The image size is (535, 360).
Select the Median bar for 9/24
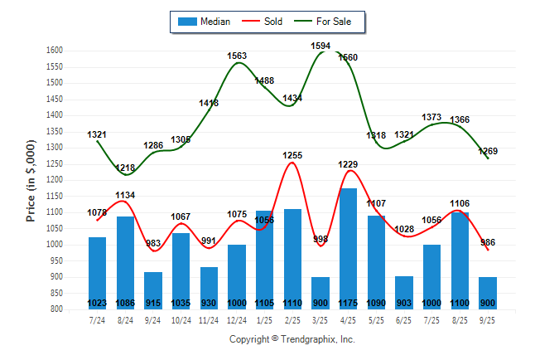(153, 286)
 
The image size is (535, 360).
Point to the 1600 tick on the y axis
(55, 51)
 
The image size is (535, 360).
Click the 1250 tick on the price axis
(55, 164)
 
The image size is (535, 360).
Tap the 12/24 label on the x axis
(237, 319)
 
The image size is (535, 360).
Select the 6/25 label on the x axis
(403, 319)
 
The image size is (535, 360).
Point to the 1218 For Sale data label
(125, 168)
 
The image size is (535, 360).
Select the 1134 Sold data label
(125, 196)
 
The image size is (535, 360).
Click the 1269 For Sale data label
(488, 151)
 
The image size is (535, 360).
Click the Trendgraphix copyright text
(292, 340)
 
